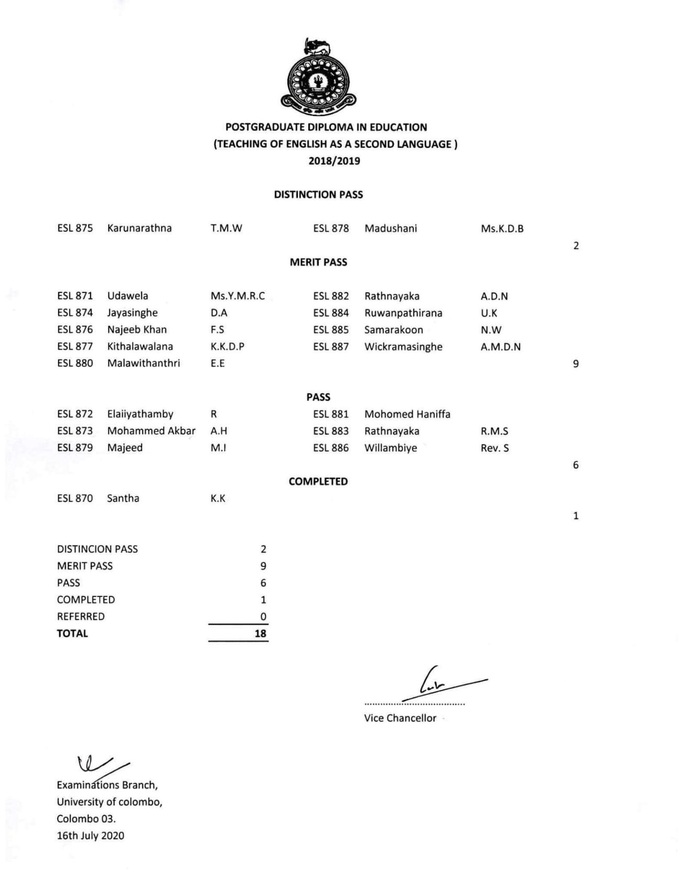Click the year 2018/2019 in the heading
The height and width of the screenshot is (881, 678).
tap(334, 161)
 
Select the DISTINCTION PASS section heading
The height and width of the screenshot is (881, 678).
tap(318, 194)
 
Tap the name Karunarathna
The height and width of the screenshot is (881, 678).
tap(139, 228)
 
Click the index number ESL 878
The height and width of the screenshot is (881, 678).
tap(331, 229)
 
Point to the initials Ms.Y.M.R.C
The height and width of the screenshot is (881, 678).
tap(238, 296)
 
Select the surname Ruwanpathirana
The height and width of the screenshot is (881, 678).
tap(403, 313)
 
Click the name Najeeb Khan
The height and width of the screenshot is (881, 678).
tap(137, 330)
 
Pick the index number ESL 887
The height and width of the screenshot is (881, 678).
tap(331, 346)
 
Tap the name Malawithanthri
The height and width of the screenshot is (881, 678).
tap(143, 363)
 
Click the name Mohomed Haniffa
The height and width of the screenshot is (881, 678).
tap(407, 414)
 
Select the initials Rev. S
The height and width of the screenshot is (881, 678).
tap(494, 448)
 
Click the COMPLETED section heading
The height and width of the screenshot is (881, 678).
tap(318, 481)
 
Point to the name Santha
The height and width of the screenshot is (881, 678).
tap(123, 498)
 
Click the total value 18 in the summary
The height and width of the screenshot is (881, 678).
tap(260, 633)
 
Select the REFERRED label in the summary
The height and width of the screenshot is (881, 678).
tap(81, 616)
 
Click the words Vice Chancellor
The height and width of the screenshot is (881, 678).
tap(400, 718)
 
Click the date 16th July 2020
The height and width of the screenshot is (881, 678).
tap(90, 835)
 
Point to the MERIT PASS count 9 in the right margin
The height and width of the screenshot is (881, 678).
tap(576, 364)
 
